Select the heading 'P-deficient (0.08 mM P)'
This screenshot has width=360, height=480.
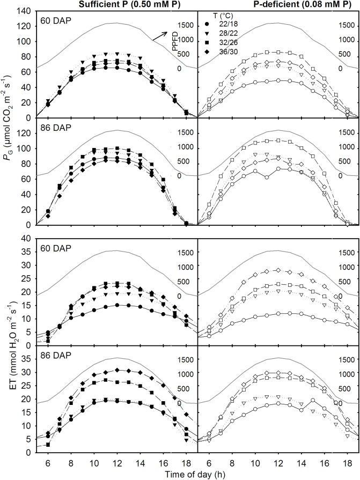pyautogui.click(x=278, y=5)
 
